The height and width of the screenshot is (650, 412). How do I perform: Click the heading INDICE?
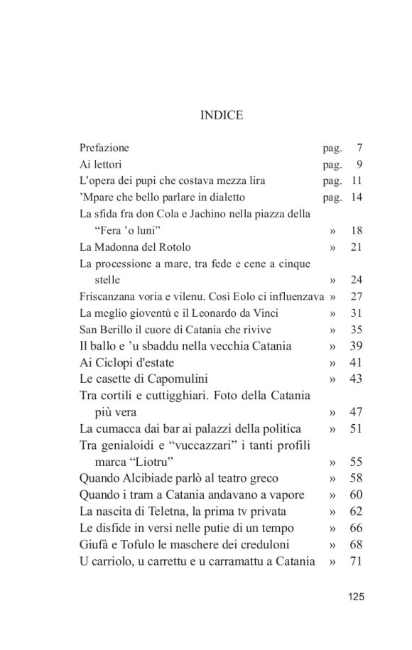pyautogui.click(x=222, y=115)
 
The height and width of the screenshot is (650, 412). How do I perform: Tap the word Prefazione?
pyautogui.click(x=104, y=148)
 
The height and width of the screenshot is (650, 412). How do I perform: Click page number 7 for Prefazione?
pyautogui.click(x=360, y=148)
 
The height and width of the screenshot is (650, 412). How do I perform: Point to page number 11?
pyautogui.click(x=357, y=181)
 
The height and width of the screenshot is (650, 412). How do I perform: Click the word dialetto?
pyautogui.click(x=225, y=197)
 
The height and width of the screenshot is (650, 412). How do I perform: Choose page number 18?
pyautogui.click(x=357, y=231)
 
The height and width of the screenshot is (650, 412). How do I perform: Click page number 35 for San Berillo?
pyautogui.click(x=357, y=330)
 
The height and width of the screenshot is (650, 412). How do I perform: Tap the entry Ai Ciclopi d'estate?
pyautogui.click(x=126, y=362)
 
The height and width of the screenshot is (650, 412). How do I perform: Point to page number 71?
pyautogui.click(x=357, y=561)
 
